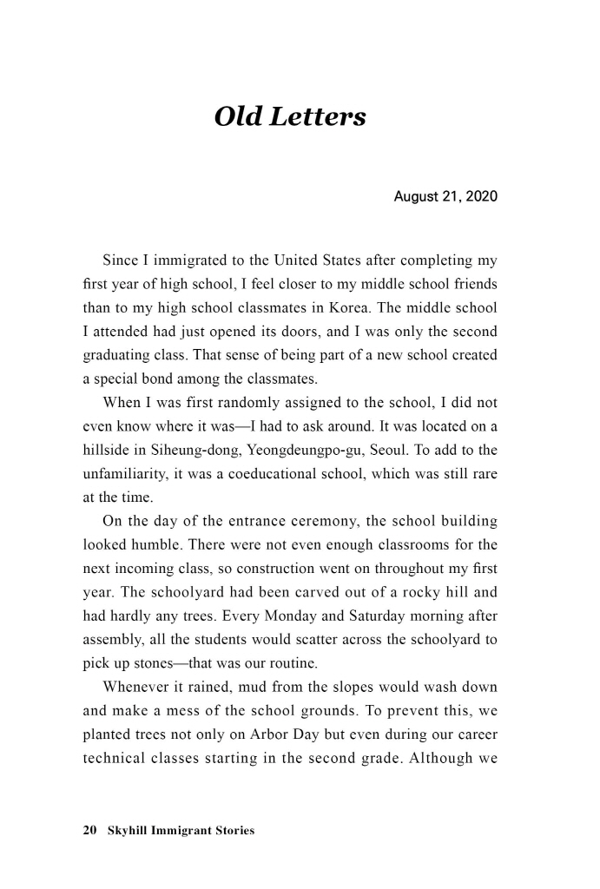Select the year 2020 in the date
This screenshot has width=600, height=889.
click(x=481, y=197)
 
